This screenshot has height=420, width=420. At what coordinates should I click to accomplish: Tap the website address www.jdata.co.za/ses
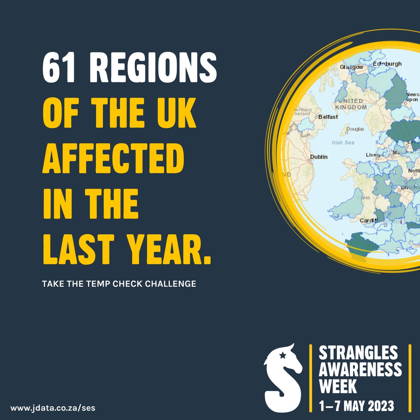tap(52, 408)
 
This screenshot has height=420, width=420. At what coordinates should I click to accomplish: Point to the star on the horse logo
tap(282, 356)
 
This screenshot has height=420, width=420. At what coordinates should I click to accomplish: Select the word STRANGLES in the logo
tap(358, 353)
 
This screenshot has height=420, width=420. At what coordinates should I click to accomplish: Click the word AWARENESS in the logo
tap(360, 370)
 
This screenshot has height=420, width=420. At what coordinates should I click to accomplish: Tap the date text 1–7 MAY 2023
tap(356, 406)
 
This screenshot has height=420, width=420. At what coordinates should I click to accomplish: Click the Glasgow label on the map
tap(352, 66)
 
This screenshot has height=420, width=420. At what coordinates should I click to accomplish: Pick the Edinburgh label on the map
tap(387, 64)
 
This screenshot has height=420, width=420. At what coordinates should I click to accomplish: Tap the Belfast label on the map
tap(328, 117)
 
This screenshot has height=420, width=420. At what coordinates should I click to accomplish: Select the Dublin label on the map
tap(319, 157)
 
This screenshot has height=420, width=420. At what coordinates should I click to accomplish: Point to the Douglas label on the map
tap(355, 129)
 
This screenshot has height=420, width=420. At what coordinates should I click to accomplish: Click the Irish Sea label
tap(343, 142)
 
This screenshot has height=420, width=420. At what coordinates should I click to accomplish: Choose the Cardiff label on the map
tap(369, 220)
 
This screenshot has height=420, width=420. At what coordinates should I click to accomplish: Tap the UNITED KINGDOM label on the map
tap(351, 104)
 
